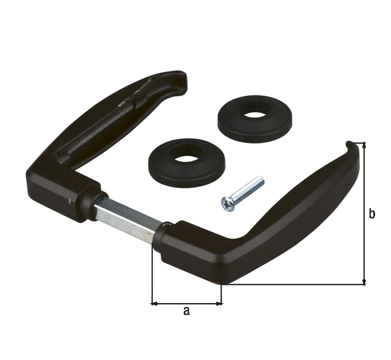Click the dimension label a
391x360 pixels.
pyautogui.click(x=187, y=311)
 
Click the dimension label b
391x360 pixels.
pyautogui.click(x=372, y=214)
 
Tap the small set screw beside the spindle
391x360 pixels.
pyautogui.click(x=167, y=227)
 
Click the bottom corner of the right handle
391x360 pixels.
pyautogui.click(x=222, y=283)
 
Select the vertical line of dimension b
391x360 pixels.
pyautogui.click(x=364, y=214)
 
